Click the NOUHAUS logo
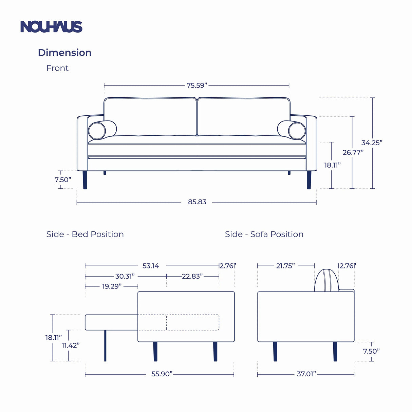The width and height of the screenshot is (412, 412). click(x=51, y=27)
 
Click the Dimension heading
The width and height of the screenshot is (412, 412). click(x=64, y=53)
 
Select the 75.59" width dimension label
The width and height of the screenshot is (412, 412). click(x=197, y=85)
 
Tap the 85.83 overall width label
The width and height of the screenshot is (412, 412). click(x=197, y=202)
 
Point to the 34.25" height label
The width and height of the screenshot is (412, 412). click(x=372, y=143)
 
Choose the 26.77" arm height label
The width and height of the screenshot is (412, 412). click(x=353, y=152)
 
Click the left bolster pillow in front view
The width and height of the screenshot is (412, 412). click(x=97, y=131)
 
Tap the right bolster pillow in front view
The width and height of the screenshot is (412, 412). click(x=297, y=131)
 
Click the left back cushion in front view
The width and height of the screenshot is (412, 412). click(x=150, y=117)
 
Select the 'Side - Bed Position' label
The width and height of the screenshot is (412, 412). click(x=85, y=234)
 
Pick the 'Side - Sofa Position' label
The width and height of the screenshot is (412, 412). click(x=264, y=234)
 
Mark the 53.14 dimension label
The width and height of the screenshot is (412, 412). click(x=151, y=266)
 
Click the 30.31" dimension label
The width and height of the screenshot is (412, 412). click(x=125, y=276)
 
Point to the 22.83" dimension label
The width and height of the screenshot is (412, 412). click(x=192, y=276)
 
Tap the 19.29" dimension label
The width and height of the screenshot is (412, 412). click(x=112, y=286)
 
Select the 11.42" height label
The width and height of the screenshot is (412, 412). click(x=71, y=345)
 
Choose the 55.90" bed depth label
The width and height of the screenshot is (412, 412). click(x=162, y=374)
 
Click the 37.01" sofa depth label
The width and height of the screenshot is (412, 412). click(x=306, y=374)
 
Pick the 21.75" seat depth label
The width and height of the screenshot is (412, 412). click(x=285, y=266)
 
